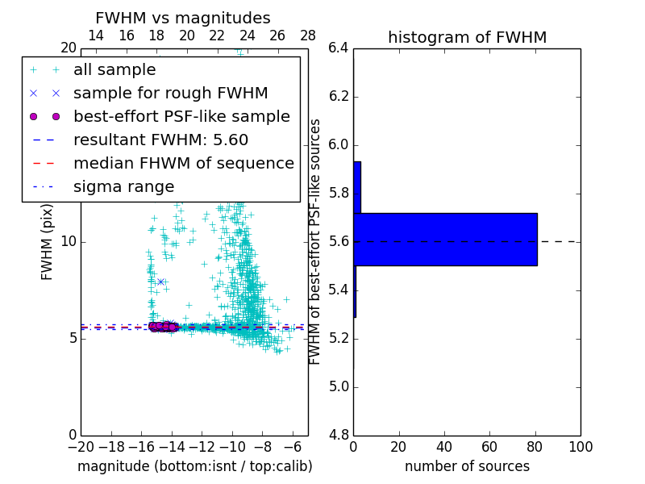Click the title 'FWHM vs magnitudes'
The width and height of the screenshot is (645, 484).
(183, 19)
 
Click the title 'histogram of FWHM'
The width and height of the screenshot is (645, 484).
(467, 38)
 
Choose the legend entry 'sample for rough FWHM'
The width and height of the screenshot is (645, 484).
(170, 94)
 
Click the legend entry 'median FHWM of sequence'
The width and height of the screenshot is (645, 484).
(183, 164)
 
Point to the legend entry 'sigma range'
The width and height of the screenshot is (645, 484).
(123, 187)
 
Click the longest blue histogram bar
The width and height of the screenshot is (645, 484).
(445, 240)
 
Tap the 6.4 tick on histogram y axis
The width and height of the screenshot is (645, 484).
(339, 48)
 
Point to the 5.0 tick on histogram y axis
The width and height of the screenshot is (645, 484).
(339, 387)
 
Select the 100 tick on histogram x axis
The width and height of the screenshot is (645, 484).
(580, 447)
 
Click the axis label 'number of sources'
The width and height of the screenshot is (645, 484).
(467, 466)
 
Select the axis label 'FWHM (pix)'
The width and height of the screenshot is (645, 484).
(48, 242)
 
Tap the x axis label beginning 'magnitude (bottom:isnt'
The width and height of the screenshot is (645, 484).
(194, 466)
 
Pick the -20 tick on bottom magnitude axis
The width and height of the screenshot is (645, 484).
(81, 447)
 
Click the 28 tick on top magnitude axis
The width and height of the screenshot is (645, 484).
(308, 35)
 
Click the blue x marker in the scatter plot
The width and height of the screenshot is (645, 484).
(160, 282)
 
